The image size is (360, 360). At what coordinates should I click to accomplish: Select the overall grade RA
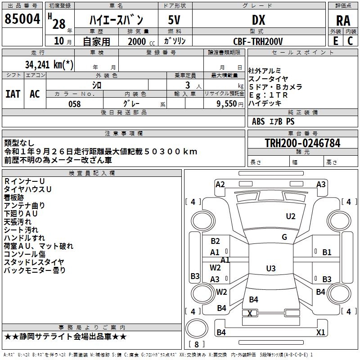pos(343,20)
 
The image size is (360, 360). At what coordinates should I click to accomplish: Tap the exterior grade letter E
pos(336,40)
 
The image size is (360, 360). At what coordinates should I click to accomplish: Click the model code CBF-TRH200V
pos(258,41)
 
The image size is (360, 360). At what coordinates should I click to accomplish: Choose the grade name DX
pos(258,20)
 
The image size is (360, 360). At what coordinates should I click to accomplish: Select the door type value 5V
pos(175,20)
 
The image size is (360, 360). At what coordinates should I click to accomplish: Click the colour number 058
pos(74,104)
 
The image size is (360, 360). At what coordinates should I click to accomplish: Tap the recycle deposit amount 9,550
pos(226,104)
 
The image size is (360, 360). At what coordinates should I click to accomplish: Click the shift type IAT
pos(13,94)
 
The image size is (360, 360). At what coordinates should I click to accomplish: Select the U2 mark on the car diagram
pos(291,216)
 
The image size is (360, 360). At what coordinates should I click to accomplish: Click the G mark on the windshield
pos(284,237)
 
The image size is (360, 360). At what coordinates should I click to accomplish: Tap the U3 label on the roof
pos(270,269)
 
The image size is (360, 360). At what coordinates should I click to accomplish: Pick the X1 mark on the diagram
pos(320,333)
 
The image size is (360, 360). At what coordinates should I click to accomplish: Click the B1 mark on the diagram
pos(327,252)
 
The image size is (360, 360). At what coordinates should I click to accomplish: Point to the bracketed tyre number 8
pos(196,344)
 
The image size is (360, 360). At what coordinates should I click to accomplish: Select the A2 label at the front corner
pos(220,184)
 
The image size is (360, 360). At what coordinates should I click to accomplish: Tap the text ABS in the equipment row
pos(258,121)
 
